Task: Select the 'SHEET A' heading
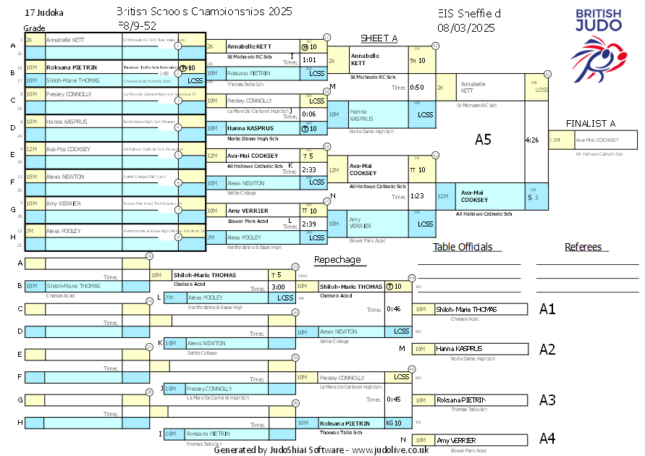coord(379,38)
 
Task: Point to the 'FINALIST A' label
coord(591,123)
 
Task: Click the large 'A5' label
coord(484,139)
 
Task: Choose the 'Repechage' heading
coord(337,260)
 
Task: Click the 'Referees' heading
coord(583,247)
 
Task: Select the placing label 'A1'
coord(547,309)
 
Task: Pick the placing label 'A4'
coord(547,439)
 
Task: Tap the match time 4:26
coord(531,140)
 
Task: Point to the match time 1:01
coord(309,60)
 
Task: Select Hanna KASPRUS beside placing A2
coord(459,349)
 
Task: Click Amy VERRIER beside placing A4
coord(456,440)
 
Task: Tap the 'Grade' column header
coord(34,28)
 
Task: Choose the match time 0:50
coord(417,88)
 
